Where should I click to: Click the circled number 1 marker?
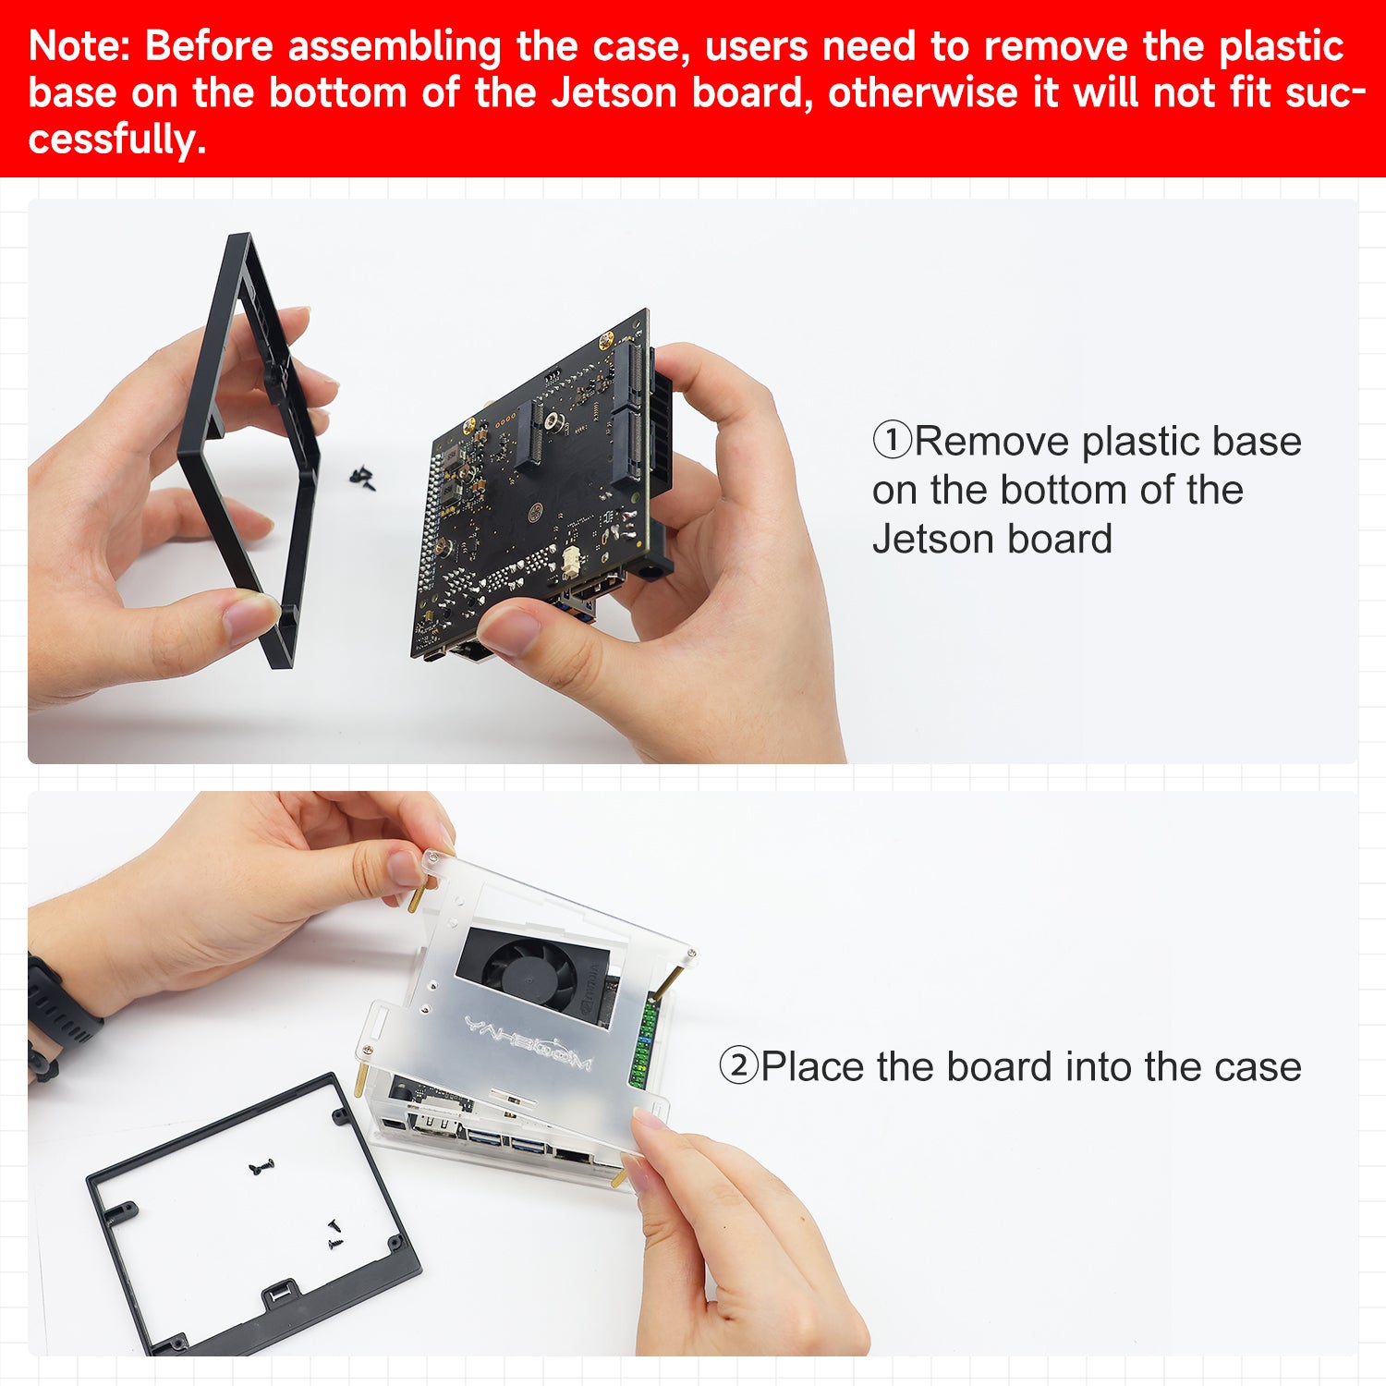click(892, 441)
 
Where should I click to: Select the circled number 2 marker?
click(738, 1066)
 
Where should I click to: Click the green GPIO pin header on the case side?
click(644, 1044)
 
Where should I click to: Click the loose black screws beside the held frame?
click(362, 477)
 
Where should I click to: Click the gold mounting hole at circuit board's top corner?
click(607, 340)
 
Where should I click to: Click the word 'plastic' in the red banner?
click(1280, 46)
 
